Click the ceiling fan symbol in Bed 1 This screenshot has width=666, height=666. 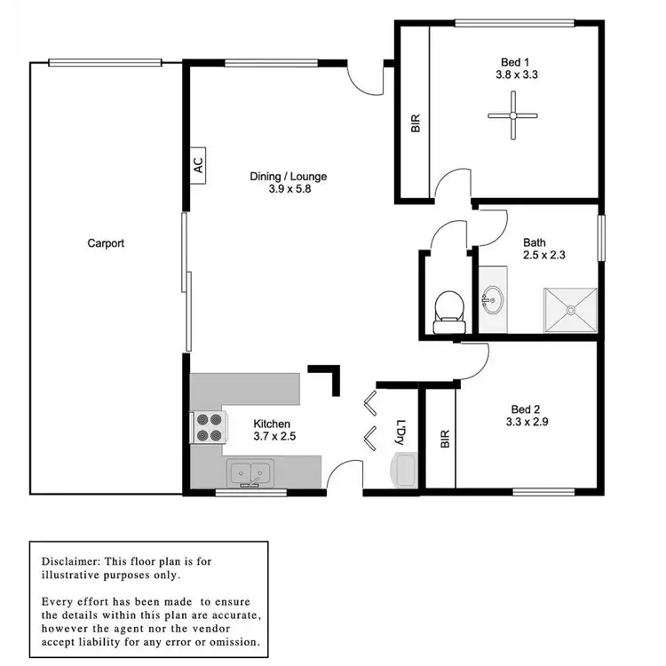click(513, 115)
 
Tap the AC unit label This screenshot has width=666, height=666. click(197, 164)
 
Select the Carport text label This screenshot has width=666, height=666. click(106, 242)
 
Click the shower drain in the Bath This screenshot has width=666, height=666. click(571, 310)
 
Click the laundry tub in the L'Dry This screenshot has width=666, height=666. click(405, 469)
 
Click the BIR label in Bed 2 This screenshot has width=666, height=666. click(444, 439)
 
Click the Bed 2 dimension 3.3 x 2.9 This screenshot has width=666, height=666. click(527, 422)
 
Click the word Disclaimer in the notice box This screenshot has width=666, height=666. click(72, 561)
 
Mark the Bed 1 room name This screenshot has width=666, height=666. click(515, 61)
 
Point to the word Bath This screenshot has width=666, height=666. click(535, 242)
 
